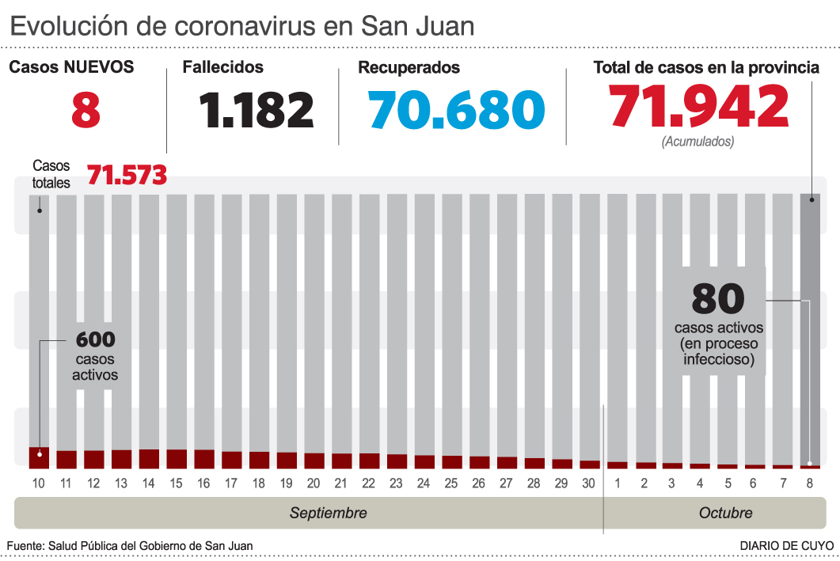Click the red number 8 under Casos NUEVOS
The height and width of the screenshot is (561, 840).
pyautogui.click(x=86, y=109)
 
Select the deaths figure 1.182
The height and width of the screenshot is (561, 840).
pyautogui.click(x=257, y=109)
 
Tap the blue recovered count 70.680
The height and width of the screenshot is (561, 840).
pyautogui.click(x=457, y=109)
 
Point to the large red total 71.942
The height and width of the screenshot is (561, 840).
pyautogui.click(x=698, y=107)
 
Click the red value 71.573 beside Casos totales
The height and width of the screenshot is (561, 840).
pyautogui.click(x=127, y=175)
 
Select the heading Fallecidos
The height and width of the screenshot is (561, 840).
pyautogui.click(x=223, y=67)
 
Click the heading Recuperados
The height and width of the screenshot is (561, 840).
pyautogui.click(x=409, y=67)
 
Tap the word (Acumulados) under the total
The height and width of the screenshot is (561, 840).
pyautogui.click(x=697, y=142)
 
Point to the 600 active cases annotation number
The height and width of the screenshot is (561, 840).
pyautogui.click(x=96, y=339)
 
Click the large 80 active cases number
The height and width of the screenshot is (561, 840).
pyautogui.click(x=718, y=298)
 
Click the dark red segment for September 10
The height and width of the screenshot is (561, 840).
pyautogui.click(x=39, y=457)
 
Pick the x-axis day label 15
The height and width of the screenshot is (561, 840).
pyautogui.click(x=177, y=483)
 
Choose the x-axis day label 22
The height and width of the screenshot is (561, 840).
pyautogui.click(x=369, y=483)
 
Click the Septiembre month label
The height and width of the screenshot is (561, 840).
pyautogui.click(x=328, y=513)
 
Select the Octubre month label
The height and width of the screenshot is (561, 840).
pyautogui.click(x=725, y=513)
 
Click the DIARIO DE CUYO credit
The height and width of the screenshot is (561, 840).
pyautogui.click(x=786, y=546)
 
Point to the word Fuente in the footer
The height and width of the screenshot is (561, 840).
pyautogui.click(x=25, y=546)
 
